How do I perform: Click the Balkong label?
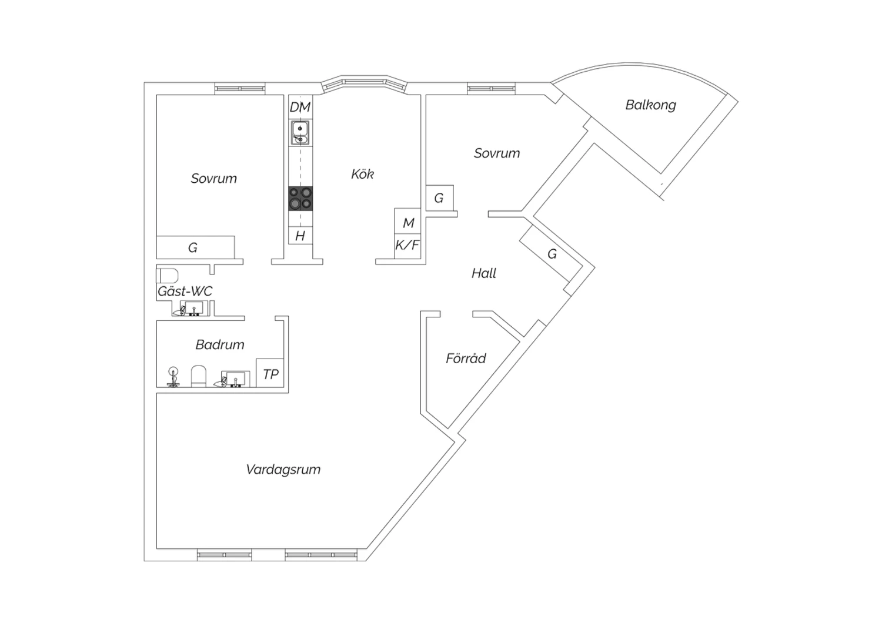click(650, 105)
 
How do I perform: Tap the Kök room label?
click(362, 174)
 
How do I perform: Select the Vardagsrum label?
click(283, 470)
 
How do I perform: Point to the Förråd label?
click(466, 358)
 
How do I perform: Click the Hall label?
click(484, 273)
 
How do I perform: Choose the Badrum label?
click(220, 345)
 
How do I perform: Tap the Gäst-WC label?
click(185, 292)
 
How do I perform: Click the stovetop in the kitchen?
click(300, 198)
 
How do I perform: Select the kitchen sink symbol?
click(300, 133)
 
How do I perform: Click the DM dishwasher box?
click(300, 106)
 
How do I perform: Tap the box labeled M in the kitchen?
click(407, 221)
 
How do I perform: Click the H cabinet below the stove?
click(300, 235)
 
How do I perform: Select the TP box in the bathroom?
click(270, 373)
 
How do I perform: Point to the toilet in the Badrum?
click(199, 376)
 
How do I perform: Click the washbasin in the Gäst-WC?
click(193, 308)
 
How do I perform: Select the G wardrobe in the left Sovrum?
click(195, 247)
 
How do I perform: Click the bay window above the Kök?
click(364, 85)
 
